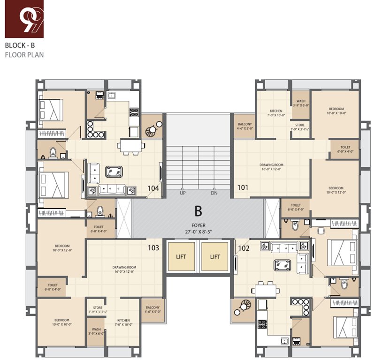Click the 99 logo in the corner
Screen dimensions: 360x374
pyautogui.click(x=24, y=19)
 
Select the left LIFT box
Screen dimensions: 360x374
pyautogui.click(x=181, y=256)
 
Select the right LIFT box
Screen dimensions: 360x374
pyautogui.click(x=215, y=256)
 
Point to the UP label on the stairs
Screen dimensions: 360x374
pyautogui.click(x=183, y=193)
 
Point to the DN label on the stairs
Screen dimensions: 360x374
pyautogui.click(x=214, y=193)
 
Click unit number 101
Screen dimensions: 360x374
pyautogui.click(x=243, y=188)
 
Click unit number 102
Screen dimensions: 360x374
pyautogui.click(x=244, y=248)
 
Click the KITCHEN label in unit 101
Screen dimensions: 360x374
pyautogui.click(x=276, y=111)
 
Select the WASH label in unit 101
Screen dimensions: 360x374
pyautogui.click(x=301, y=101)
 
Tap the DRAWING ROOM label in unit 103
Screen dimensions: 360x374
pyautogui.click(x=124, y=267)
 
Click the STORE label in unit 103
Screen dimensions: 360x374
pyautogui.click(x=98, y=307)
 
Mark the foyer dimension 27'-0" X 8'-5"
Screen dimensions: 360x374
pyautogui.click(x=198, y=231)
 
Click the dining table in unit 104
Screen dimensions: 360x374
pyautogui.click(x=128, y=145)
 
